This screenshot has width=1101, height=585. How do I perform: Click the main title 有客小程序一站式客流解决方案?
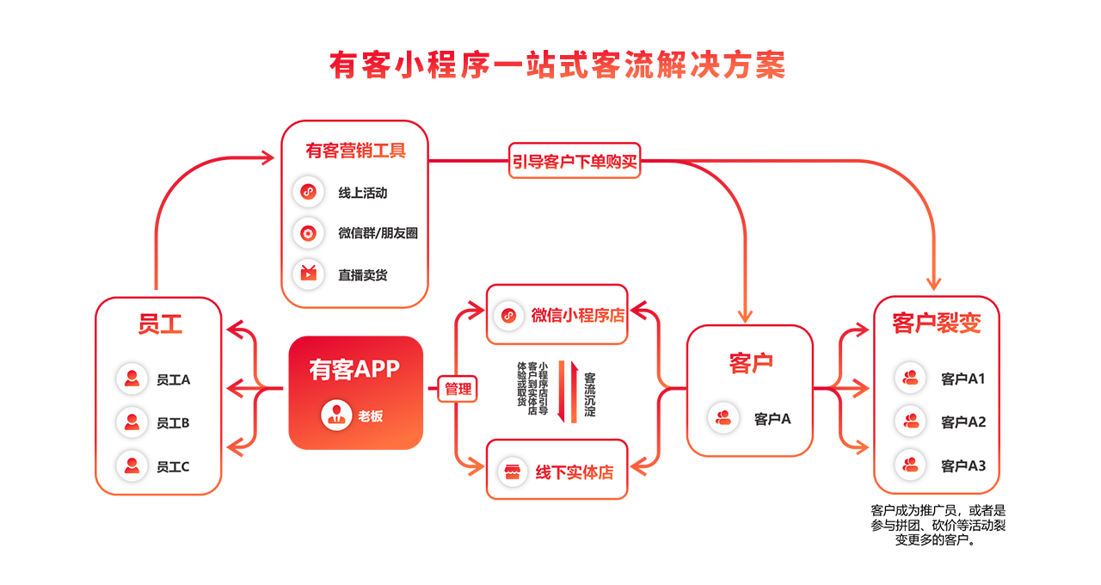click(557, 66)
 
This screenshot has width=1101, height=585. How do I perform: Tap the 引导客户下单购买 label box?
click(575, 161)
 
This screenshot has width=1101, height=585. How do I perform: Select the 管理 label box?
click(458, 389)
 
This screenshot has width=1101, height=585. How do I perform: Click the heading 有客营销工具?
click(355, 151)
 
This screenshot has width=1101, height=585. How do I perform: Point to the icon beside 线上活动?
click(308, 192)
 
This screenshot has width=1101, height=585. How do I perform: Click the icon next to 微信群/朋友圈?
click(308, 233)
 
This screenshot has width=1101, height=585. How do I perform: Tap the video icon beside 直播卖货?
click(308, 274)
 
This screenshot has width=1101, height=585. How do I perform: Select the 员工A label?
click(173, 379)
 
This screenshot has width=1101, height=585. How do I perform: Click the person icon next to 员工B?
click(132, 422)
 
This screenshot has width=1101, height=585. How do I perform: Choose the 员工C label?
click(173, 466)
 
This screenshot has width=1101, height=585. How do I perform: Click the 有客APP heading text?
click(354, 369)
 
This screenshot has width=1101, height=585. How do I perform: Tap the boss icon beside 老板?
click(336, 415)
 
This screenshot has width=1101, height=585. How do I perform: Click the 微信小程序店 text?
click(577, 315)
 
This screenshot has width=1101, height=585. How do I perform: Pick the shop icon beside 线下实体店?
click(513, 471)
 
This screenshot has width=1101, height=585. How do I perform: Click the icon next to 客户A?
click(723, 418)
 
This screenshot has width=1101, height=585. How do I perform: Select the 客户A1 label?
click(963, 379)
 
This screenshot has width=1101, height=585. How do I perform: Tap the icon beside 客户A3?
click(910, 465)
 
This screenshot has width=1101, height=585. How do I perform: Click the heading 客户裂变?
click(936, 323)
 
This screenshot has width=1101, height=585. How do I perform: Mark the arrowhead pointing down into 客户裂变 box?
click(934, 282)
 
